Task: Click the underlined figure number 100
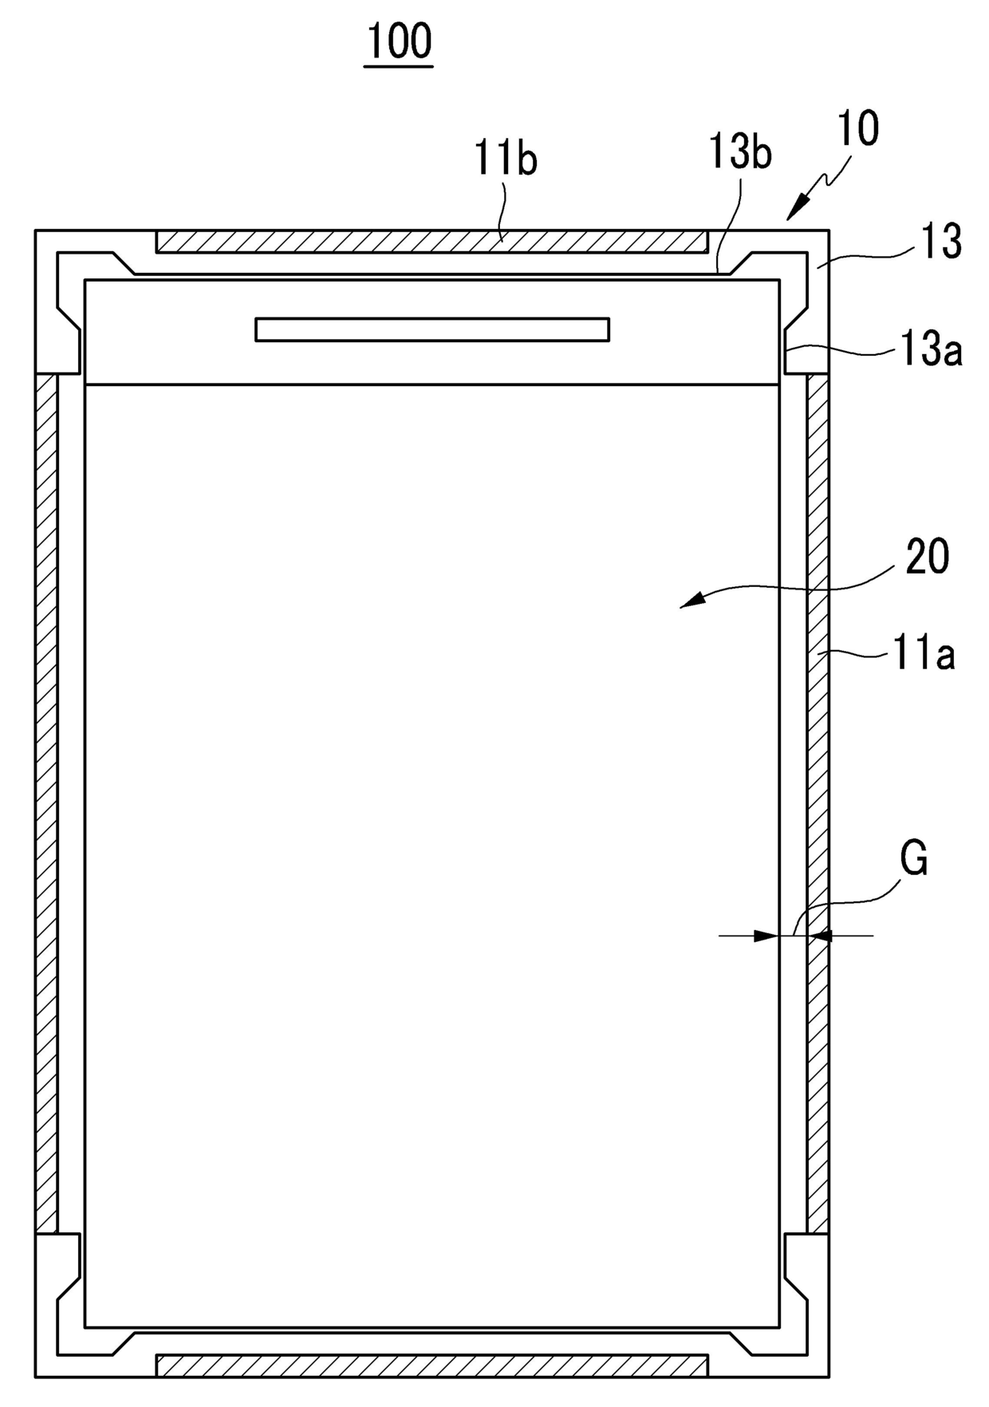399,41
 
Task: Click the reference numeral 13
941,242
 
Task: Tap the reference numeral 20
928,557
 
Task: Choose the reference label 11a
923,655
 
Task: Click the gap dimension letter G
913,859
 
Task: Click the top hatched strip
431,242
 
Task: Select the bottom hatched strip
431,1365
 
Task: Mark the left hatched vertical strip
46,803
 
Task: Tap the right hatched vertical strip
818,803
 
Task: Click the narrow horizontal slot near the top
432,329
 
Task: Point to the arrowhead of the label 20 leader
690,601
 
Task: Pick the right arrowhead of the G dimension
819,935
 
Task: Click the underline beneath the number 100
399,65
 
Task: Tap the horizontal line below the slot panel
431,384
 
